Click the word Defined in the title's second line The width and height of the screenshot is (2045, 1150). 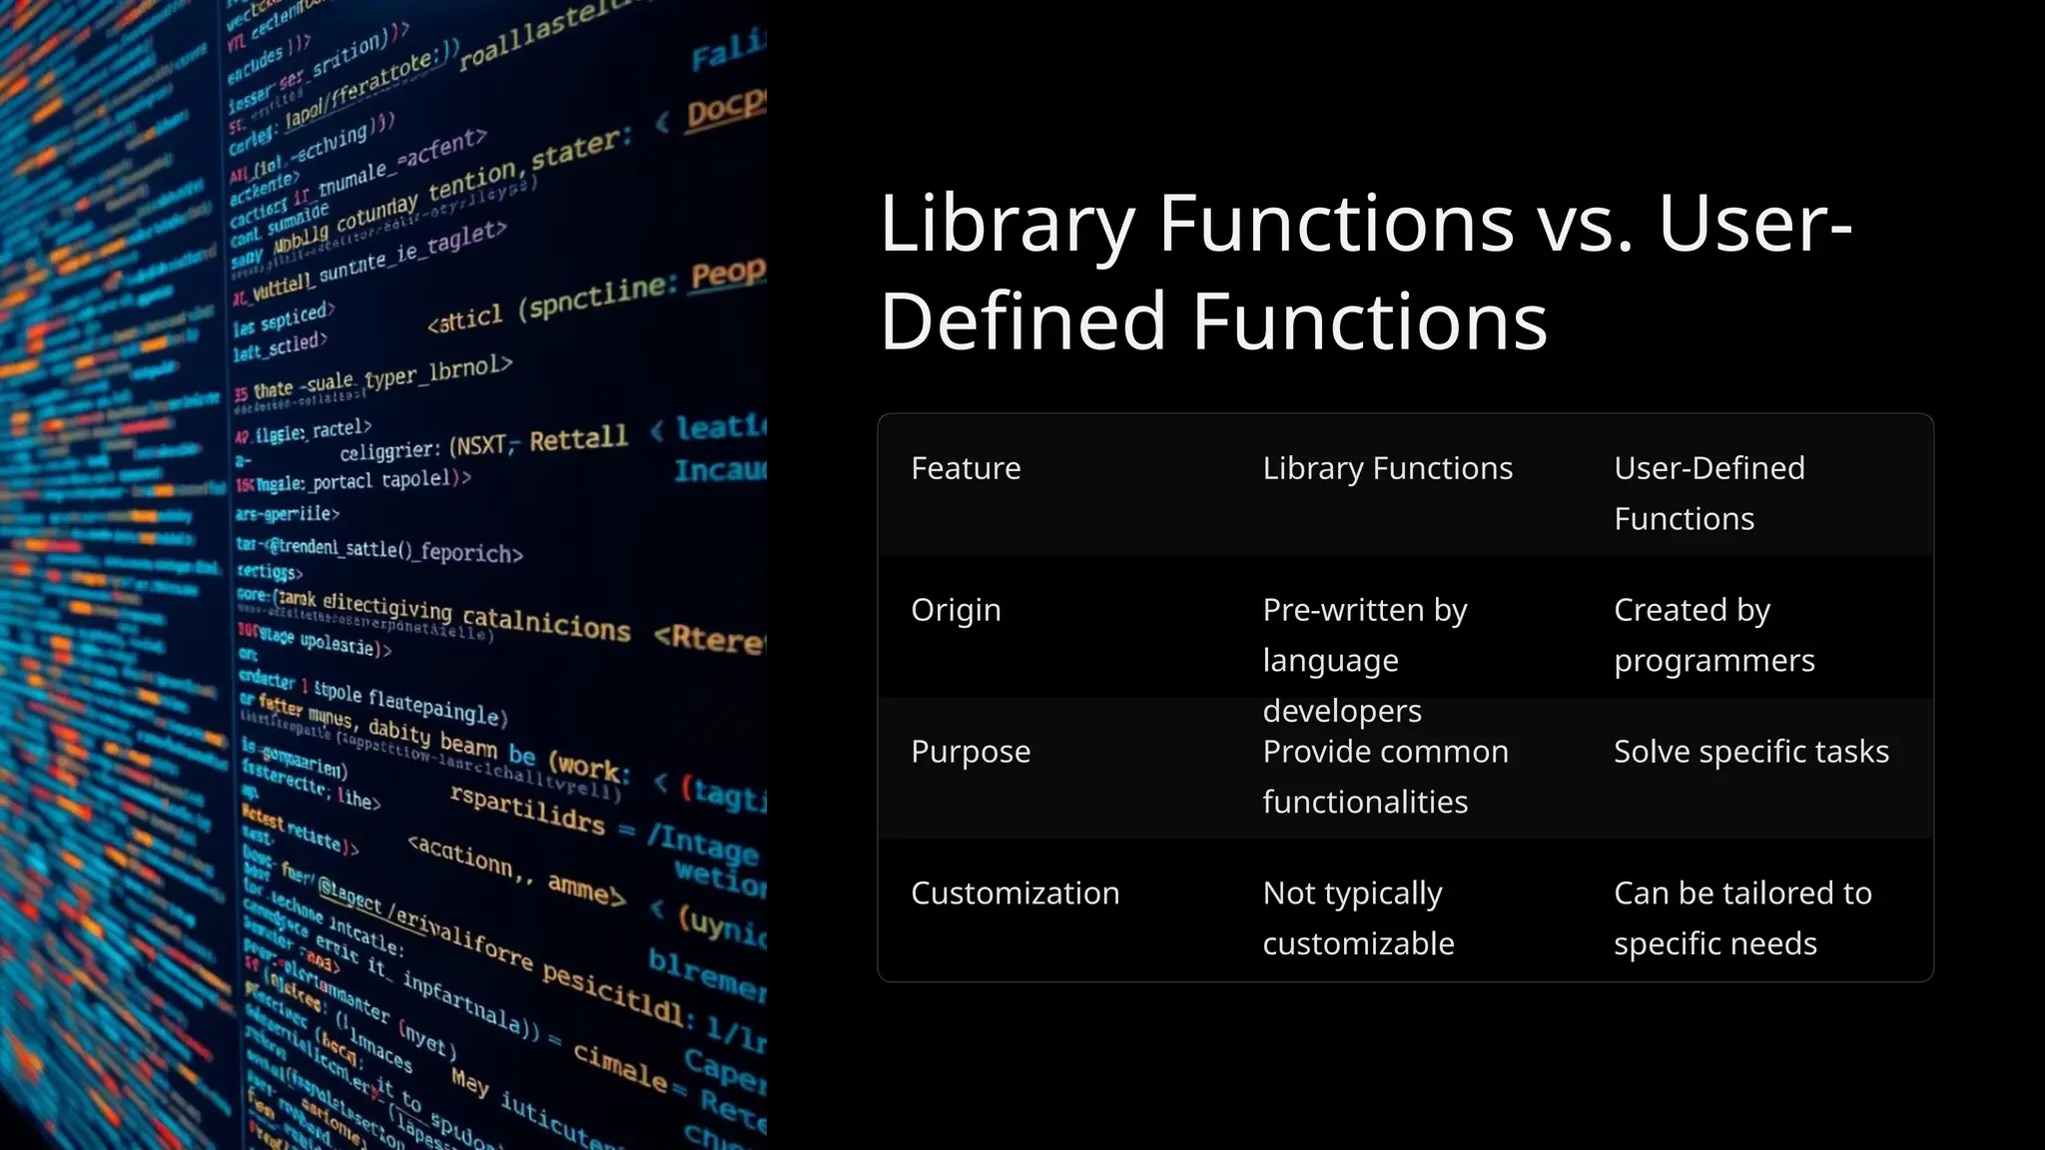coord(1023,321)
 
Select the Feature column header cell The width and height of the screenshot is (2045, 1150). coord(966,468)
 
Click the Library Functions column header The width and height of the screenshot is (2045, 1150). coord(1387,468)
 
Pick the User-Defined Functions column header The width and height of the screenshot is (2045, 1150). coord(1708,493)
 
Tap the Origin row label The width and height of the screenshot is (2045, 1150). coord(956,610)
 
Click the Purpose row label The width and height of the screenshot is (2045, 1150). coord(970,752)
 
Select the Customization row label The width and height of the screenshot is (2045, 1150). coord(1015,893)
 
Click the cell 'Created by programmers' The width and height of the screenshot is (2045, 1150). coord(1713,635)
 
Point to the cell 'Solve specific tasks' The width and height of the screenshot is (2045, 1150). coord(1750,752)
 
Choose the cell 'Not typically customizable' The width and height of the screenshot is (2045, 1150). coord(1358,918)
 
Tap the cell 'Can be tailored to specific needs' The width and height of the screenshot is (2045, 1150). coord(1741,918)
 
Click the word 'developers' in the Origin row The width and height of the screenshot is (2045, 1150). coord(1341,711)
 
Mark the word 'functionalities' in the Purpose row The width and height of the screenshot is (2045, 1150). coord(1365,803)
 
